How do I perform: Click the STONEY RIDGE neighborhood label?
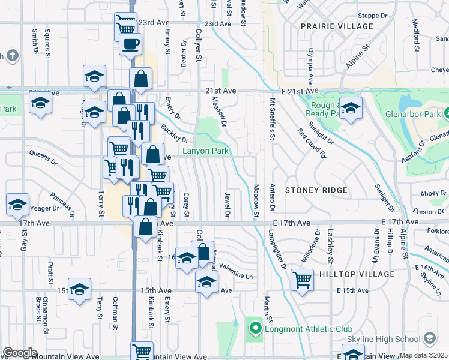tap(316, 190)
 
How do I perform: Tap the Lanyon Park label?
tap(206, 151)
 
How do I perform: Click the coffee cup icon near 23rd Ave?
tap(130, 43)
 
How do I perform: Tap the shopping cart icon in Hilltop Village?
tap(302, 279)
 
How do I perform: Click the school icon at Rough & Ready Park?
tap(351, 107)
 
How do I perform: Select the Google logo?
tap(20, 353)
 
